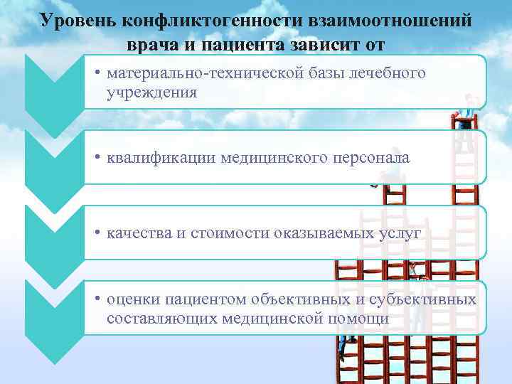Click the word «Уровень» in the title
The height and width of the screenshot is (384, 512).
pyautogui.click(x=76, y=21)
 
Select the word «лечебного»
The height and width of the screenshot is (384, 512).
pyautogui.click(x=390, y=74)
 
